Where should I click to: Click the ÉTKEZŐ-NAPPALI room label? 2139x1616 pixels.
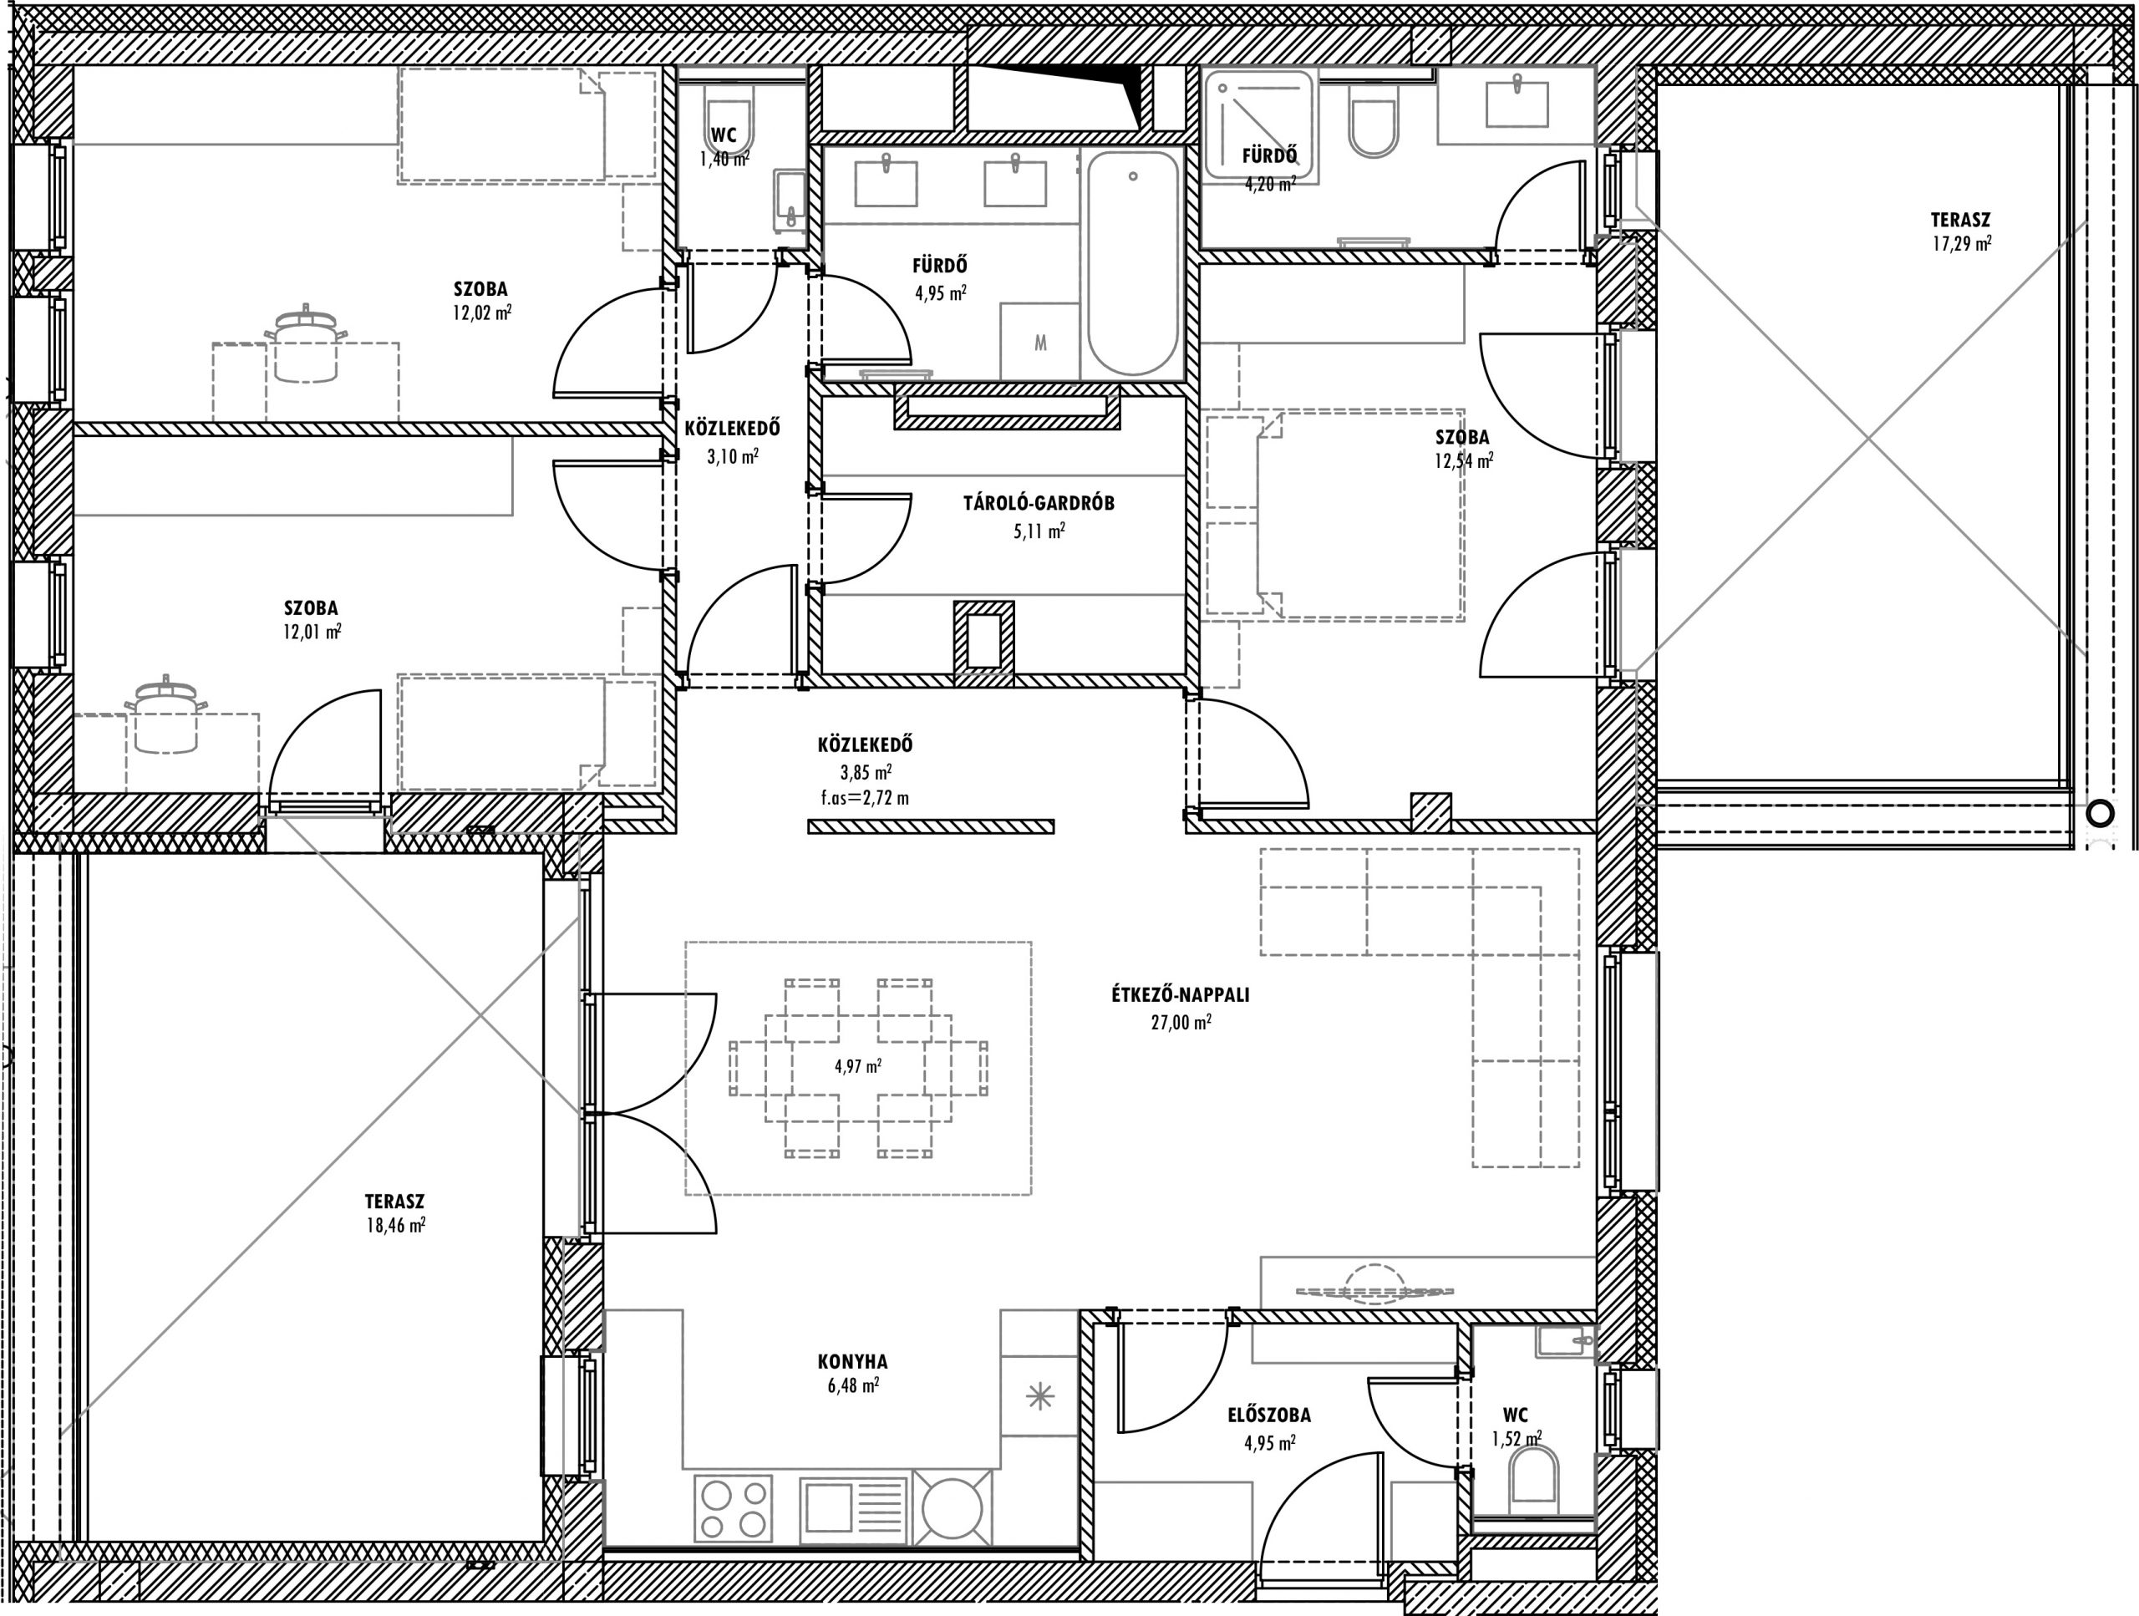coord(1181,995)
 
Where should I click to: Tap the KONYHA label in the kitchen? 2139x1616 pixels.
coord(852,1362)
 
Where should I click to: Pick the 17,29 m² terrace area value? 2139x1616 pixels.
coord(1961,244)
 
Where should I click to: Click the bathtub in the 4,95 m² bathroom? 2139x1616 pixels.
coord(1133,263)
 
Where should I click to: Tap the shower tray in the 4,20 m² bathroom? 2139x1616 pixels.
coord(1259,124)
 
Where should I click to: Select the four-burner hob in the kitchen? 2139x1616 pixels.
coord(734,1507)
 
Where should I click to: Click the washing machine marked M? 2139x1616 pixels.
coord(1039,342)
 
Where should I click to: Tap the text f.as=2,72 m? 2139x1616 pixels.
coord(863,799)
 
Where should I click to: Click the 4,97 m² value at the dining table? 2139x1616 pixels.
coord(858,1067)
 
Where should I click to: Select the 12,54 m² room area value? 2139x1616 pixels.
coord(1463,461)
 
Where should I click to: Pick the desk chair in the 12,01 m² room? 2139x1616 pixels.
coord(166,715)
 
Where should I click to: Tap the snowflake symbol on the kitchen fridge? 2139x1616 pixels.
coord(1039,1396)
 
